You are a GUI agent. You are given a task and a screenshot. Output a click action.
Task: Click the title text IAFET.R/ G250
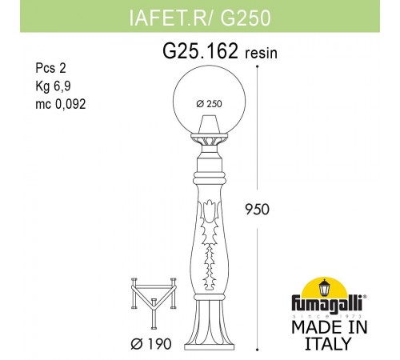[199, 14]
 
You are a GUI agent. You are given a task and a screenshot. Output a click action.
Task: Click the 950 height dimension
[257, 210]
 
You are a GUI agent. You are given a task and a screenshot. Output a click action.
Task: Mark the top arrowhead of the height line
[258, 64]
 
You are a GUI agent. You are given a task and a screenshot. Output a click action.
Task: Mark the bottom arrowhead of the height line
[258, 349]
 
